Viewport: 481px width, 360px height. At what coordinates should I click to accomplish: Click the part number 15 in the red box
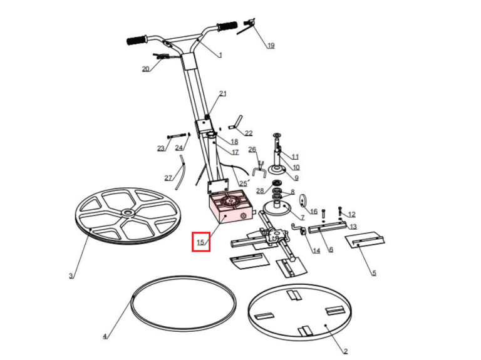(x=200, y=242)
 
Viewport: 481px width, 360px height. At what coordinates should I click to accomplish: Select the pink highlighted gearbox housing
(x=229, y=208)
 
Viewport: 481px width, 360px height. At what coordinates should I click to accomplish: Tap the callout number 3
(x=71, y=275)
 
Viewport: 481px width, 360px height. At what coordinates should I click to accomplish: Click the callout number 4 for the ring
(x=105, y=336)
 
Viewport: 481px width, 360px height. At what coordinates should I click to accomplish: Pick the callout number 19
(x=271, y=46)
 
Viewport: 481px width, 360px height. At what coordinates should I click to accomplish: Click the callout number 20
(x=145, y=69)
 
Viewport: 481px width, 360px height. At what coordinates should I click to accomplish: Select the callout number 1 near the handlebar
(x=220, y=55)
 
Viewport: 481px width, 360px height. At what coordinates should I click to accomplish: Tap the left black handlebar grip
(x=136, y=40)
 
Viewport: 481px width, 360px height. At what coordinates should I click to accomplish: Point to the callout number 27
(x=168, y=178)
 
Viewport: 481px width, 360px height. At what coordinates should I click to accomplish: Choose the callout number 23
(x=160, y=148)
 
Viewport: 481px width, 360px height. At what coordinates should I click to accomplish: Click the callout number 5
(x=374, y=273)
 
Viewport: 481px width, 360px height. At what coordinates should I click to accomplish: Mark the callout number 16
(x=314, y=212)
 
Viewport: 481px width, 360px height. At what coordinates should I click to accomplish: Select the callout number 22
(x=249, y=133)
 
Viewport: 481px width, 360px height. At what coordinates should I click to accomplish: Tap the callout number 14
(x=316, y=250)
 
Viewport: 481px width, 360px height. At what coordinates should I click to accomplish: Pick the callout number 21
(x=222, y=94)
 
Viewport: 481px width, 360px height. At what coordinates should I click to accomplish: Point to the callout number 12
(x=351, y=214)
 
